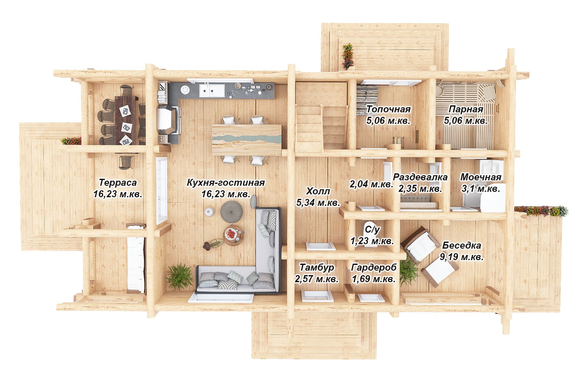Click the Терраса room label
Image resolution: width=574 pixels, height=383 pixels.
[118, 183]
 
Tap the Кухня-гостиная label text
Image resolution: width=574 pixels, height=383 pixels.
[226, 183]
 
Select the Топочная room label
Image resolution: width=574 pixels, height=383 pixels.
[388, 109]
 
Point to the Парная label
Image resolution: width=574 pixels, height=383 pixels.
[466, 109]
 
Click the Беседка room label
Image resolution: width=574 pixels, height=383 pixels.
[461, 245]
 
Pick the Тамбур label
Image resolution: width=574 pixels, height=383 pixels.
[317, 267]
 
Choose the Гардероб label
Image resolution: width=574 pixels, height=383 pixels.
[373, 267]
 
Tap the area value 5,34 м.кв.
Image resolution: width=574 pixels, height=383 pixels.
[318, 202]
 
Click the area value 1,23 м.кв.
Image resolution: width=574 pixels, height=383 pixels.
[372, 241]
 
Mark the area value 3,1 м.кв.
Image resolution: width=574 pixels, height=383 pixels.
[481, 189]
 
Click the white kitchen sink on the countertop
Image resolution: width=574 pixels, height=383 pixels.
[211, 90]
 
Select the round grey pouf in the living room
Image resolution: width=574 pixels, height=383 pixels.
[232, 211]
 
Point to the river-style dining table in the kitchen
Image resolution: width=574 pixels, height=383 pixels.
[247, 140]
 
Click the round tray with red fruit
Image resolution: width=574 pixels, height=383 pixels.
[233, 236]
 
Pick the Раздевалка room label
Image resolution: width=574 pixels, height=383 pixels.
[420, 177]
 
